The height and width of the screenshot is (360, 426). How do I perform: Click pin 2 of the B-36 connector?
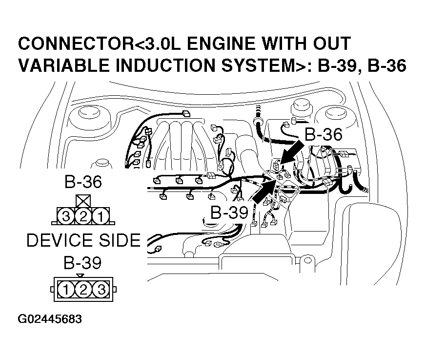[83, 215]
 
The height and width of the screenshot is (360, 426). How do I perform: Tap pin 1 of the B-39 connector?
[65, 290]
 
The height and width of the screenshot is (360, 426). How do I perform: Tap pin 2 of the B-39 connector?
[83, 290]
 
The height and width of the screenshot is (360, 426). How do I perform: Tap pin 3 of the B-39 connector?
[101, 290]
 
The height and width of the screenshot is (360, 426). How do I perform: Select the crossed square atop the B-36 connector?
[83, 201]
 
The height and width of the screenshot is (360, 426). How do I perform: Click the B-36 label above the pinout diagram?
[83, 183]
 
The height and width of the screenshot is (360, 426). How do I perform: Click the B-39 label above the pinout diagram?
[83, 263]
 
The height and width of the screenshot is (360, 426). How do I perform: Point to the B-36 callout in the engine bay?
[324, 135]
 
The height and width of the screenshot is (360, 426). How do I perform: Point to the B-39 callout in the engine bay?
[229, 212]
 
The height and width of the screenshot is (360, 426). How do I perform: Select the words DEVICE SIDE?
[83, 240]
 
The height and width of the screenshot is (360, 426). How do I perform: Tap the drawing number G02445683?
[50, 319]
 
